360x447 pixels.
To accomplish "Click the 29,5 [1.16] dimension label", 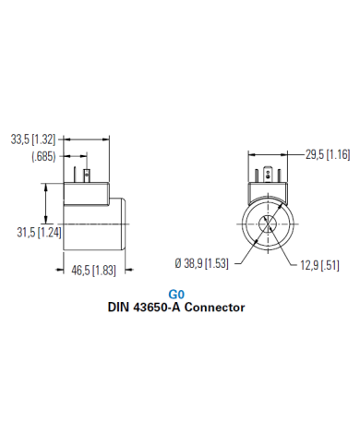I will coord(327,154).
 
